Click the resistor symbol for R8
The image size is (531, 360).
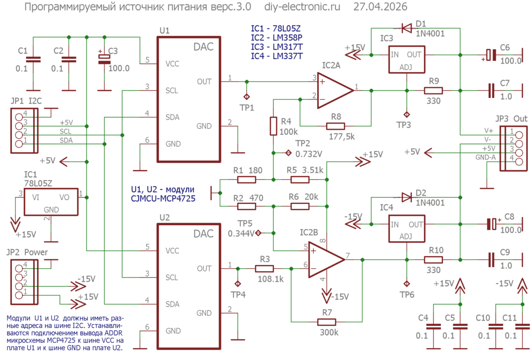click(x=336, y=127)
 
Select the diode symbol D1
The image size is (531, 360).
click(x=407, y=28)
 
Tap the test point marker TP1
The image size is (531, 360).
click(x=246, y=97)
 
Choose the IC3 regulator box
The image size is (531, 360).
click(x=407, y=60)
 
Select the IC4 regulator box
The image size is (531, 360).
click(x=407, y=229)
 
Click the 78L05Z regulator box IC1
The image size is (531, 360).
click(x=51, y=202)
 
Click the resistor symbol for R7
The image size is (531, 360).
click(x=327, y=322)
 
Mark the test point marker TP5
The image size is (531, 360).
click(x=258, y=233)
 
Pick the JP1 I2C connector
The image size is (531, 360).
click(x=24, y=130)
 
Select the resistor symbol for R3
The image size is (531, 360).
click(x=264, y=269)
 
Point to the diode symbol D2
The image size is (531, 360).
click(x=407, y=197)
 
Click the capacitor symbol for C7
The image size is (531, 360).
click(x=492, y=90)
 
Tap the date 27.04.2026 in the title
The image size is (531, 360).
click(x=380, y=6)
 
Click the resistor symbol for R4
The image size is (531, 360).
click(x=273, y=126)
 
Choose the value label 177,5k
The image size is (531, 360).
click(x=342, y=136)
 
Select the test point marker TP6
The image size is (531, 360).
click(x=407, y=283)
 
